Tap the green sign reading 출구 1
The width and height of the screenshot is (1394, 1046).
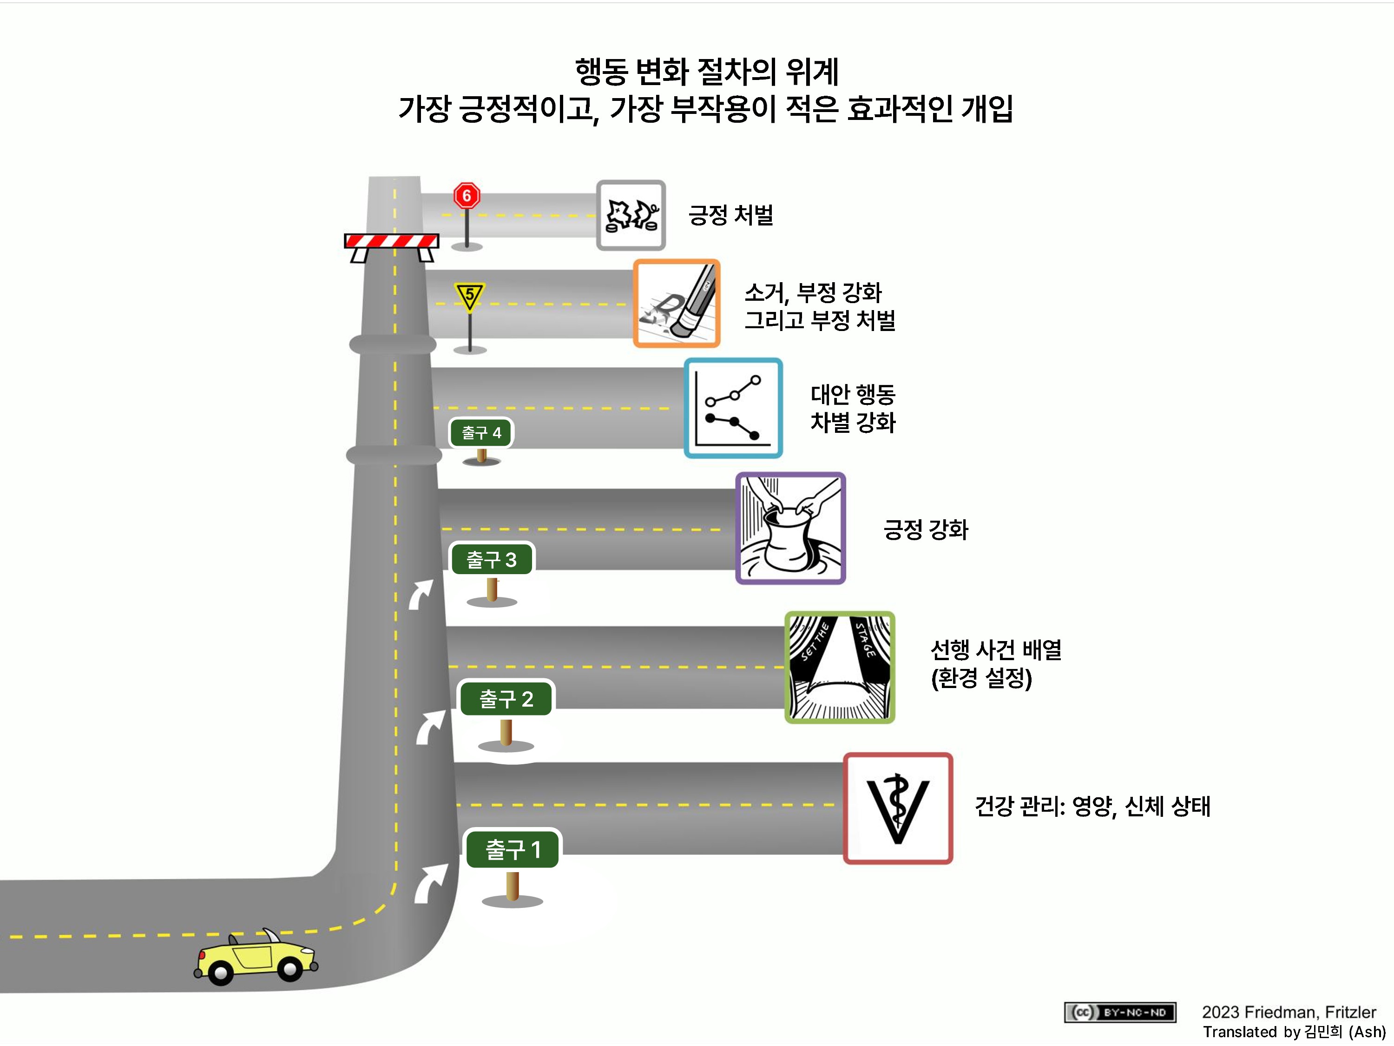(x=513, y=850)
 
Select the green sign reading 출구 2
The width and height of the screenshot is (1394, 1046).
(x=506, y=699)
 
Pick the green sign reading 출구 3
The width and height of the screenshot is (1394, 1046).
(x=492, y=559)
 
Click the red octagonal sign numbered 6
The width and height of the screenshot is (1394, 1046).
(x=467, y=196)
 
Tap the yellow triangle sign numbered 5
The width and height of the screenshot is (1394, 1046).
(x=469, y=296)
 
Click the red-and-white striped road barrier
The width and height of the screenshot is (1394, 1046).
(x=391, y=241)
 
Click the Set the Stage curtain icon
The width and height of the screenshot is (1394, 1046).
(x=840, y=667)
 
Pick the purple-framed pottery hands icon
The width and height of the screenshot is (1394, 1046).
(x=790, y=529)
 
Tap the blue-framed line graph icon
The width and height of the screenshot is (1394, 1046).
(x=733, y=408)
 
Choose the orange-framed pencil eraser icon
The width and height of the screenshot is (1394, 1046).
(x=676, y=303)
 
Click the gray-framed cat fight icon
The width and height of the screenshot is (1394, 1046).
(x=631, y=215)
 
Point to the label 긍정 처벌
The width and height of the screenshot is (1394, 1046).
(x=730, y=215)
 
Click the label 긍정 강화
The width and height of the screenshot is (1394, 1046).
(x=925, y=529)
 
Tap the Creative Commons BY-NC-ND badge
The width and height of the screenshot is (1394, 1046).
(x=1120, y=1013)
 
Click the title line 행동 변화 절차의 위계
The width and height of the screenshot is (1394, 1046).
(x=706, y=72)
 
